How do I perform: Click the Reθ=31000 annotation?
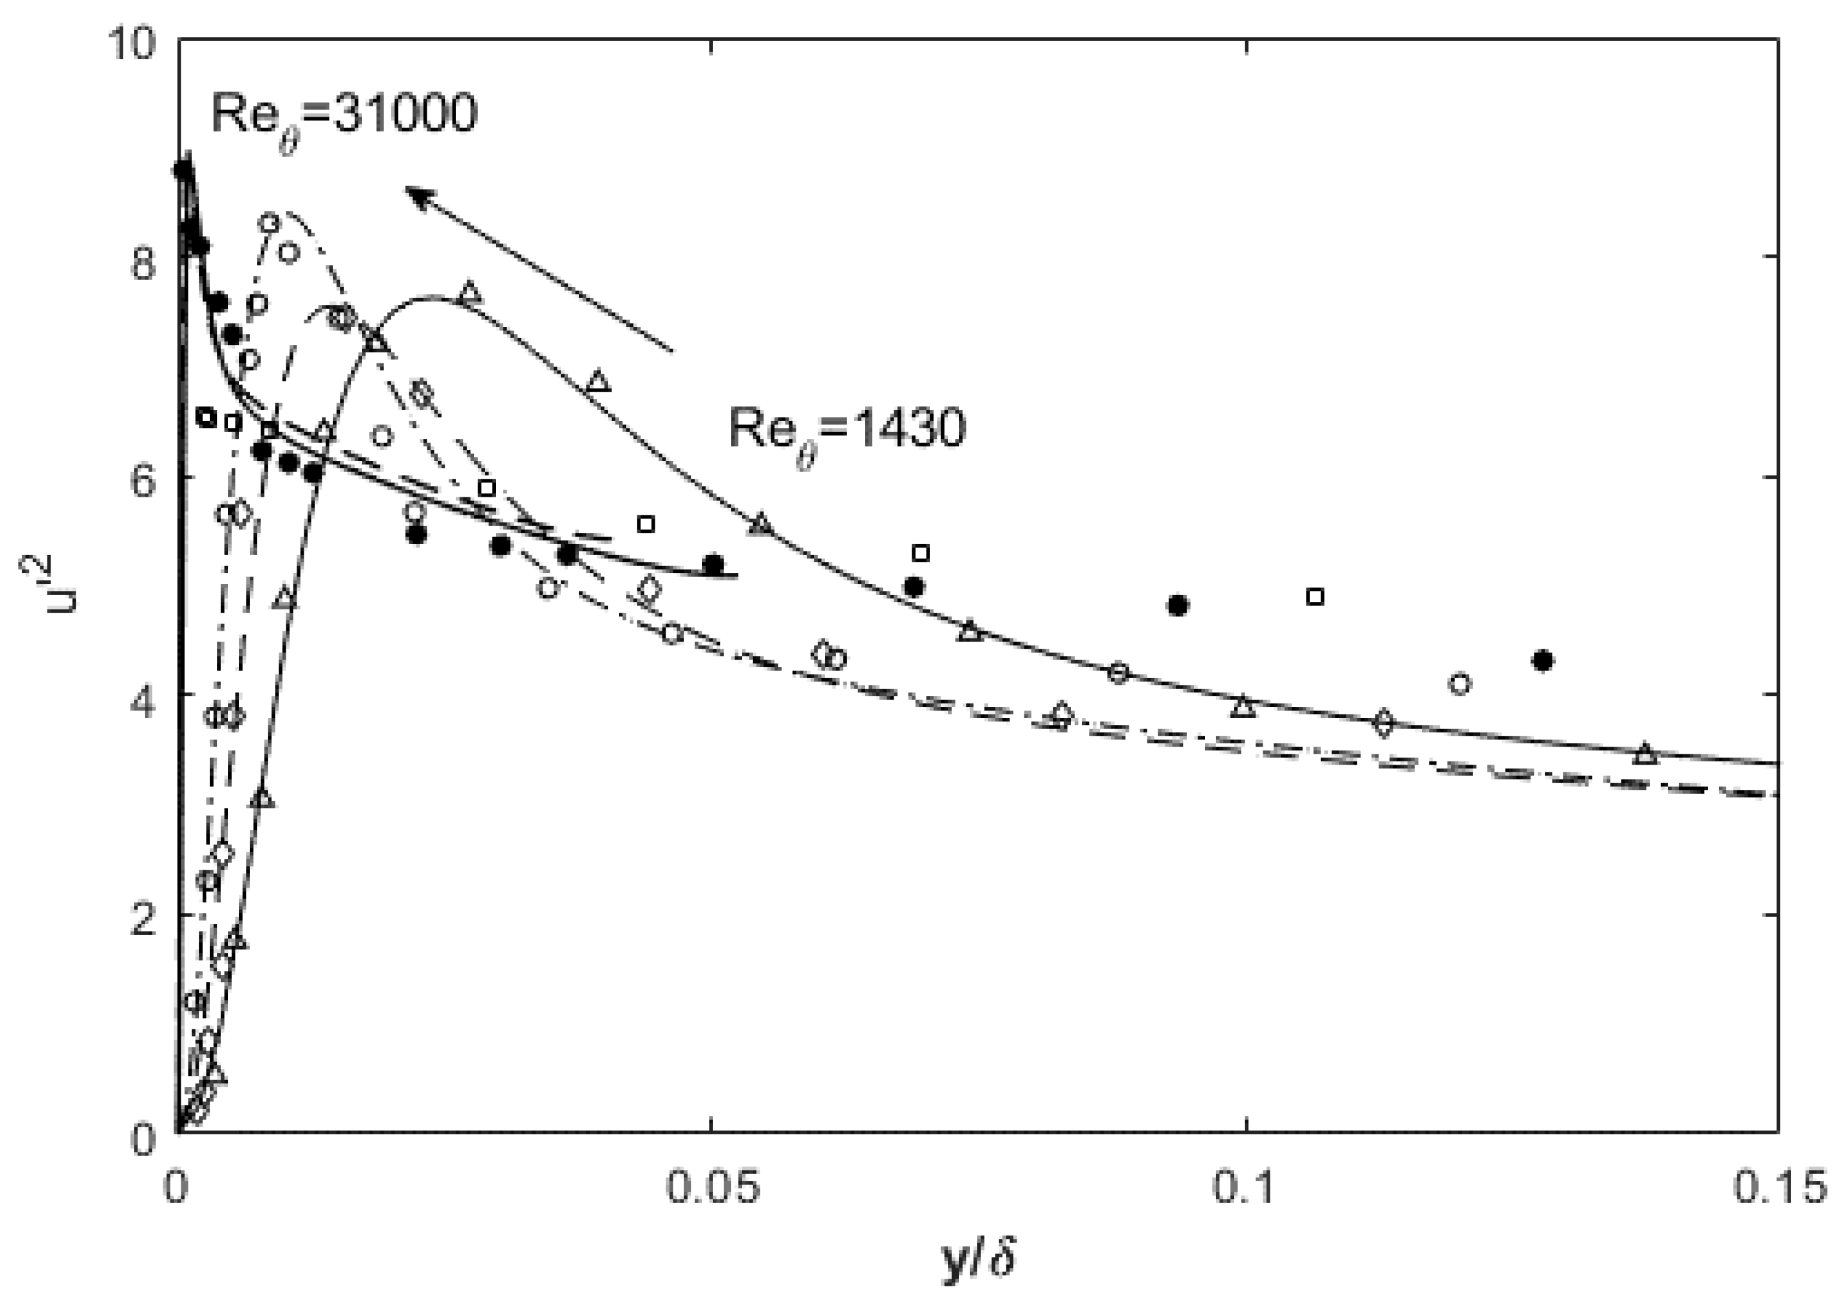[x=344, y=115]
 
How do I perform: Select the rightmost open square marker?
[x=1315, y=597]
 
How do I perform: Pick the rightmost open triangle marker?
[x=1646, y=754]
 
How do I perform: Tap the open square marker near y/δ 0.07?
[x=921, y=553]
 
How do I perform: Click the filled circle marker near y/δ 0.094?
[x=1177, y=605]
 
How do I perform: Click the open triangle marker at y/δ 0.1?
[x=1243, y=708]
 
